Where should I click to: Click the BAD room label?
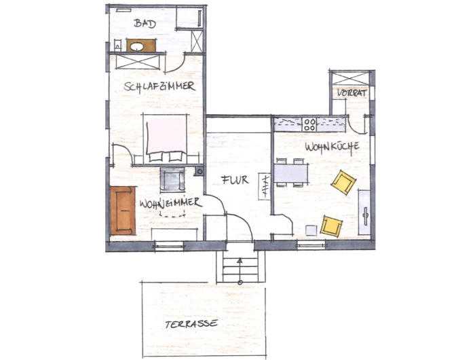tap(145, 23)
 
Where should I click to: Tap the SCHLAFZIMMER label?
tap(159, 86)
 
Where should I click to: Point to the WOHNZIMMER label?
tap(170, 203)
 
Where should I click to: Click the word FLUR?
tap(235, 180)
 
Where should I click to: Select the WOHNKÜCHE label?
tap(332, 147)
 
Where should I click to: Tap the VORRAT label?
tap(352, 93)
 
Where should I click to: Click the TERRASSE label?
tap(191, 323)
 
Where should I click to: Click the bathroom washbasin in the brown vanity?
tap(138, 47)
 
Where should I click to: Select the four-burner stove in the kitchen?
tap(309, 125)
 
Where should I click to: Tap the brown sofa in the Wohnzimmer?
tap(123, 211)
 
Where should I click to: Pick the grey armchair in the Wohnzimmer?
tap(172, 179)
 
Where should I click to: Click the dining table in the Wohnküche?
tap(291, 173)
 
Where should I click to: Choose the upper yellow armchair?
tap(343, 182)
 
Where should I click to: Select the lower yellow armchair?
tap(331, 226)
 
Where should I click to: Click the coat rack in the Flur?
tap(264, 186)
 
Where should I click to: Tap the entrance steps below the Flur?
tap(240, 269)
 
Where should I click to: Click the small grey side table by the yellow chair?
tap(311, 230)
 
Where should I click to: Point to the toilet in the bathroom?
tap(117, 46)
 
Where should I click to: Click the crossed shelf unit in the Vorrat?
tap(351, 78)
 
